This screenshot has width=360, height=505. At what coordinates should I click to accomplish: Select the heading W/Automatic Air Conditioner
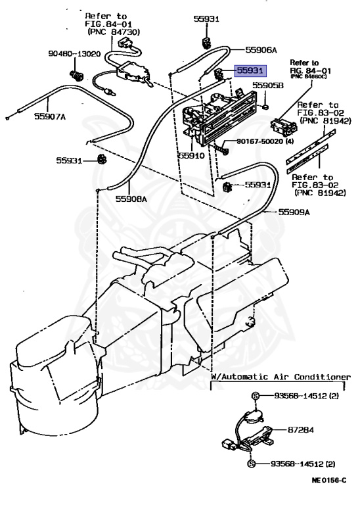tap(280, 377)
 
